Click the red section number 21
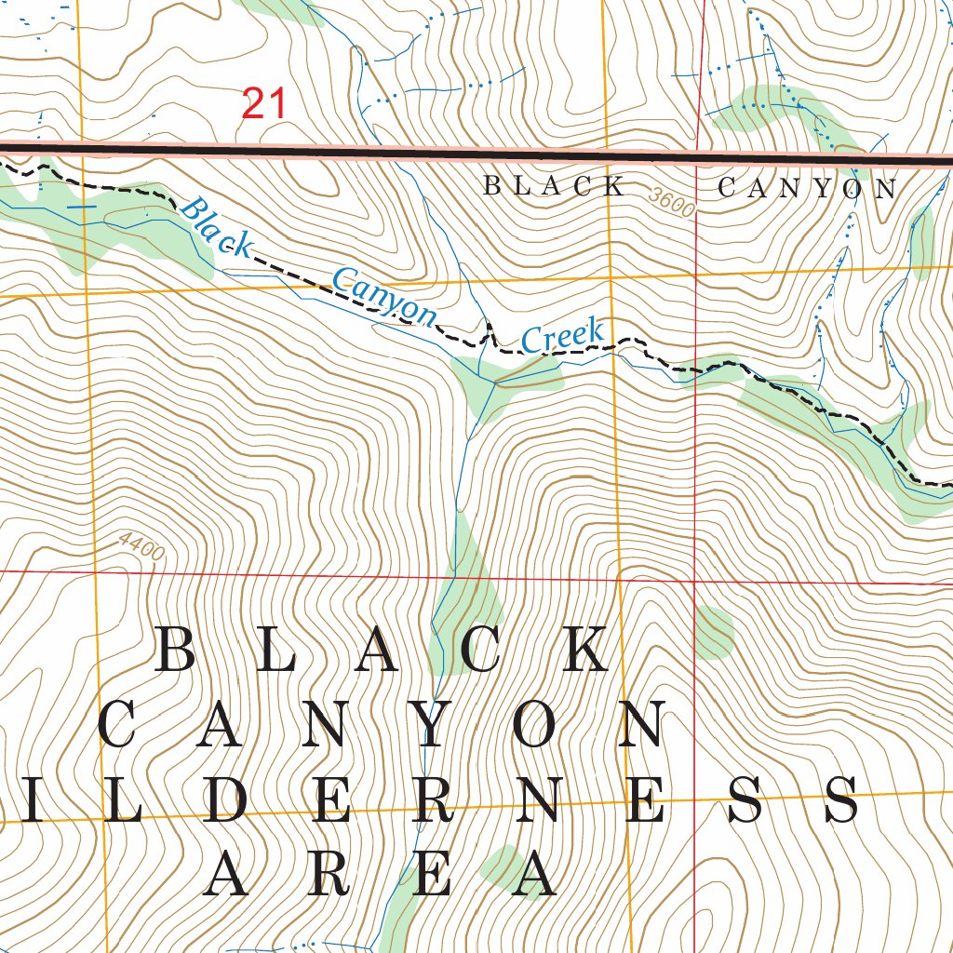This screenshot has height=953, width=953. tap(264, 103)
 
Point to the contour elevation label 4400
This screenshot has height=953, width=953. tap(141, 546)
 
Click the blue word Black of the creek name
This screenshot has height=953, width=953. tap(216, 228)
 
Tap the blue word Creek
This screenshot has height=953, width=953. tap(564, 335)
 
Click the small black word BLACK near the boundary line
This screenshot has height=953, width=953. tap(555, 186)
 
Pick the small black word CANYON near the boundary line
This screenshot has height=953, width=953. tap(807, 189)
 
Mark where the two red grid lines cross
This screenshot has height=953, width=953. tap(696, 580)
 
